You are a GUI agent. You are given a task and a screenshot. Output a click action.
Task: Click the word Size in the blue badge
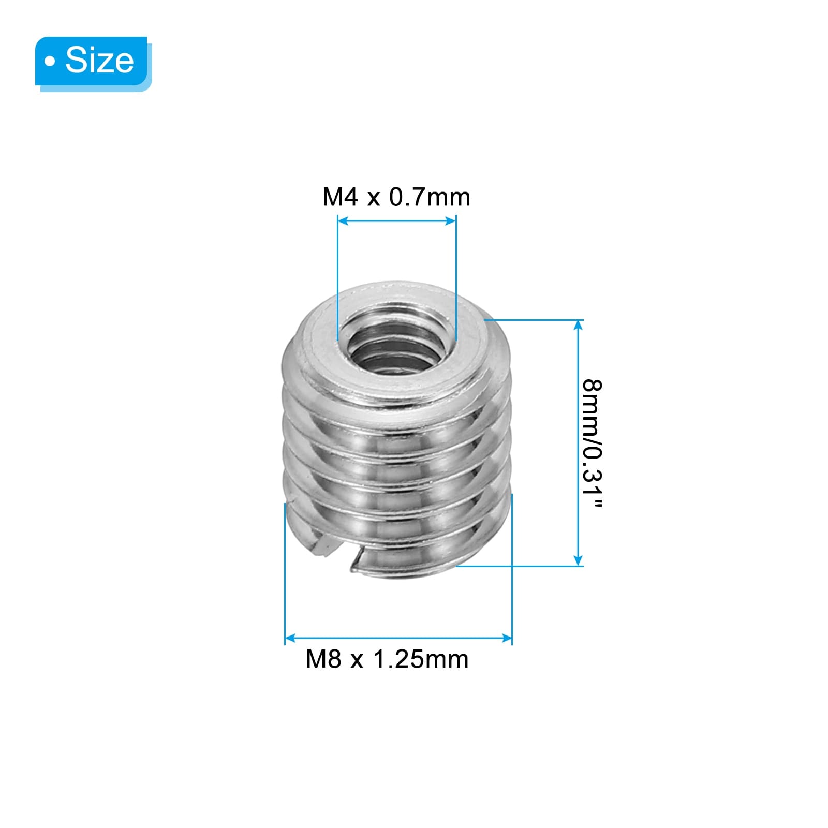pyautogui.click(x=99, y=60)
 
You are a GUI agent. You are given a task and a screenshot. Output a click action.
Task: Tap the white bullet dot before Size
pyautogui.click(x=50, y=62)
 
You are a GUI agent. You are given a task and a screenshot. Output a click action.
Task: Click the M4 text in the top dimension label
pyautogui.click(x=340, y=197)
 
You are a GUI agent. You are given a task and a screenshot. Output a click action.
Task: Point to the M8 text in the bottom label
pyautogui.click(x=323, y=659)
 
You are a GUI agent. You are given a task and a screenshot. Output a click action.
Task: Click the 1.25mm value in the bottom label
pyautogui.click(x=420, y=659)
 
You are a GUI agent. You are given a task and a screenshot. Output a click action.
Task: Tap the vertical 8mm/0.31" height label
pyautogui.click(x=592, y=444)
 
